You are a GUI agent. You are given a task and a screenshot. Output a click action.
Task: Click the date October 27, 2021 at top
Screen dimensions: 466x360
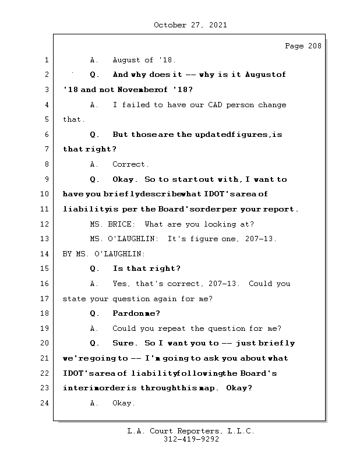190,25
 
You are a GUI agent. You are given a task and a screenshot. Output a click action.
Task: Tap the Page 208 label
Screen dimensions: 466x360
302,46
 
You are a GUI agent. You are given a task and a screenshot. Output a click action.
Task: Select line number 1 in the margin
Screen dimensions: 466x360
47,60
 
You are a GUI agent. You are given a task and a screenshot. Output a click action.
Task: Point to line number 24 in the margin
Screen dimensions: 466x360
45,403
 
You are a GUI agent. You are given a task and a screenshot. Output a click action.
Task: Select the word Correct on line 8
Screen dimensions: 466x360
130,165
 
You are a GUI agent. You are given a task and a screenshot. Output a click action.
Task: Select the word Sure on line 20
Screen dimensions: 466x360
123,344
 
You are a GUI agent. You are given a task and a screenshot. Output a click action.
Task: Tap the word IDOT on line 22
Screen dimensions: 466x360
74,373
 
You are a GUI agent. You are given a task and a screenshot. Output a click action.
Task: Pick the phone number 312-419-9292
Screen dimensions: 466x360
190,440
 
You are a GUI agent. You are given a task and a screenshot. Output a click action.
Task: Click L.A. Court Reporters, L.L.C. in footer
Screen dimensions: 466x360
190,431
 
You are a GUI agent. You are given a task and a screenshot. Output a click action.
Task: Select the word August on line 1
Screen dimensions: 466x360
128,60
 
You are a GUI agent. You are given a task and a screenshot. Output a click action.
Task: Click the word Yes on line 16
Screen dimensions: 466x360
121,284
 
